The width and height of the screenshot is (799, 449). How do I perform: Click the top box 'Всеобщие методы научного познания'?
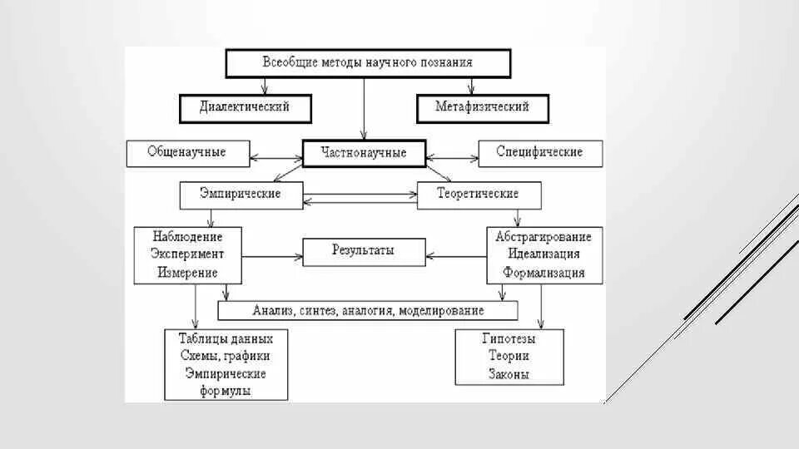(x=367, y=62)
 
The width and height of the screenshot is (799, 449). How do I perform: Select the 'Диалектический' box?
(x=245, y=107)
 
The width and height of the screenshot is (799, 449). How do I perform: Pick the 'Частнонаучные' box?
(x=364, y=153)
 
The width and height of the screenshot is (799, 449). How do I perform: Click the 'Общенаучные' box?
(x=186, y=152)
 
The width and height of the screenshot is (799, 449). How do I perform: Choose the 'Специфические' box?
(x=538, y=152)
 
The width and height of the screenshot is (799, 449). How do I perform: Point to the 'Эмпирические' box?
(x=240, y=194)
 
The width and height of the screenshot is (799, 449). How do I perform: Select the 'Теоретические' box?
(x=479, y=194)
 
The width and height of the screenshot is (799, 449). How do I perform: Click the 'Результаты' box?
(x=363, y=250)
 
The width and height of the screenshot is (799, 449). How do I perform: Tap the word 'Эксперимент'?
(x=187, y=254)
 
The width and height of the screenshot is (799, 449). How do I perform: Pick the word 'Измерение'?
(x=187, y=272)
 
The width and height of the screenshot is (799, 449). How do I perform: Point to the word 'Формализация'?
(x=543, y=272)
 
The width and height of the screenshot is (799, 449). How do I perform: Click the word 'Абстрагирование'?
(x=543, y=236)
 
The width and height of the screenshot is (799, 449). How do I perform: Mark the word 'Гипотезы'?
(x=508, y=339)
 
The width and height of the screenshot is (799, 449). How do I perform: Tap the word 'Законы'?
(x=509, y=375)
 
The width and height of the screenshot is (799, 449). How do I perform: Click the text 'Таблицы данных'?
(x=226, y=338)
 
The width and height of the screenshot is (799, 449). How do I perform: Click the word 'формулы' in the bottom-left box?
(x=226, y=391)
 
